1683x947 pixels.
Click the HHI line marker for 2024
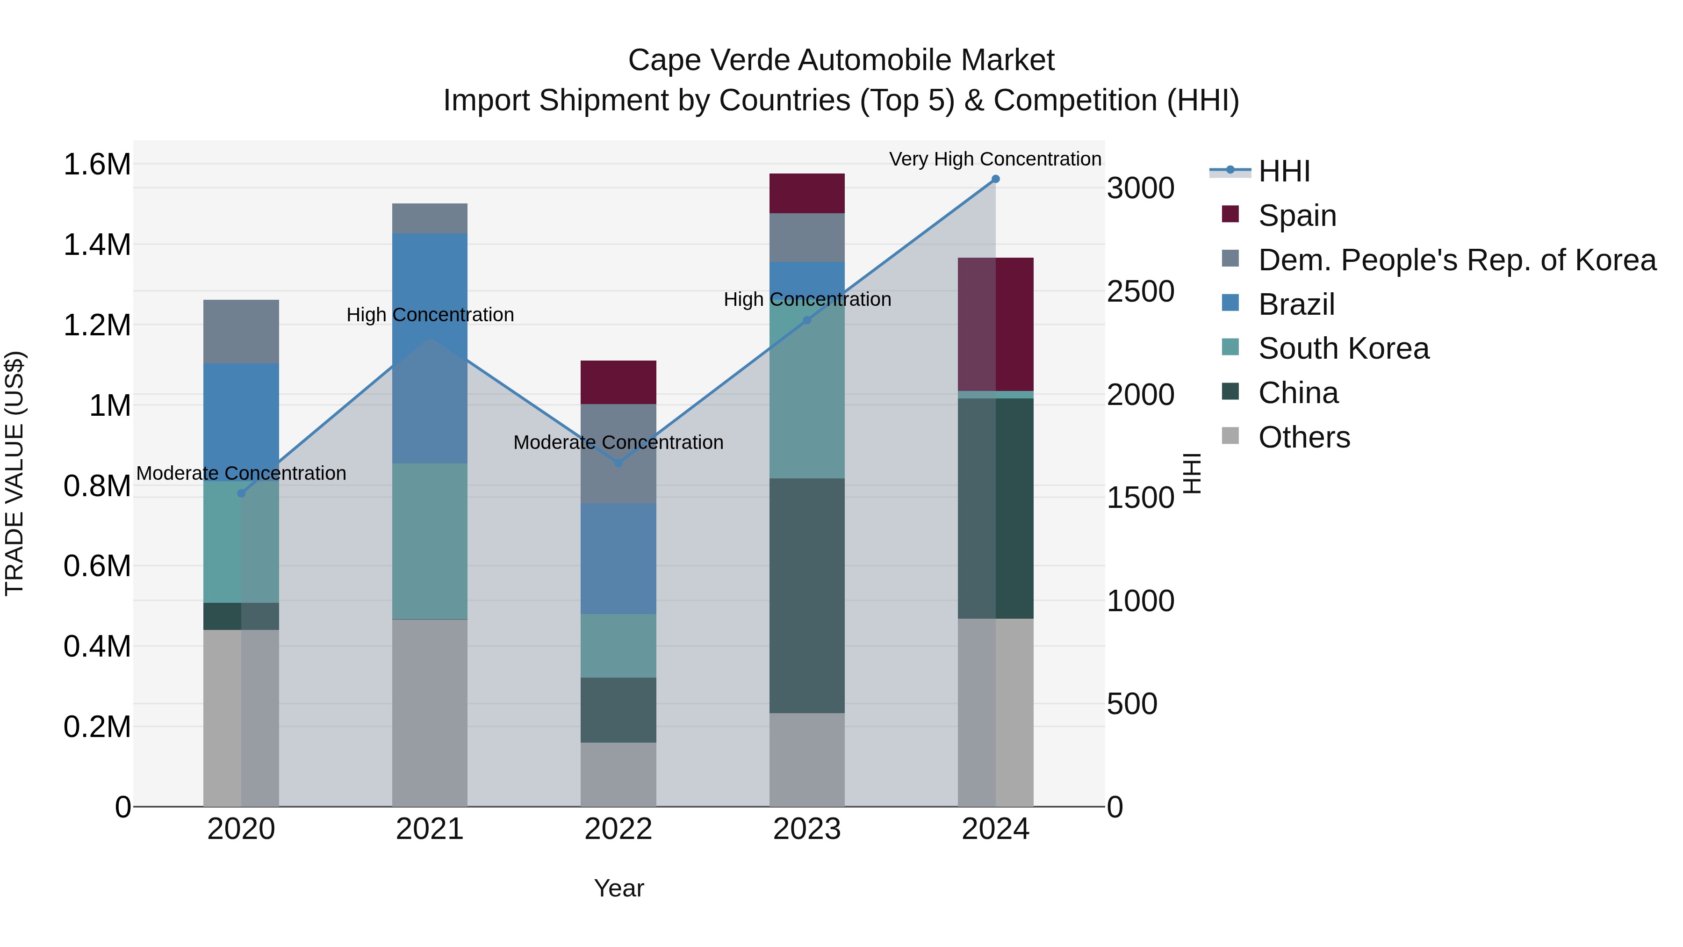point(995,179)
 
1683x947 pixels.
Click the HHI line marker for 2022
point(618,463)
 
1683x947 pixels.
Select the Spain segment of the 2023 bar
point(806,194)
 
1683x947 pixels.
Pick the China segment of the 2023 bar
point(806,595)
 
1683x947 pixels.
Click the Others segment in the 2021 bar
point(429,712)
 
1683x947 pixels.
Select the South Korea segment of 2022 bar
point(618,646)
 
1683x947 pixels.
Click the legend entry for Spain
point(1297,216)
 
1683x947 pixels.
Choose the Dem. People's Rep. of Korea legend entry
point(1456,260)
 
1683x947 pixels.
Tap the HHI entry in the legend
point(1284,171)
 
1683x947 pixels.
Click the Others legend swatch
point(1230,436)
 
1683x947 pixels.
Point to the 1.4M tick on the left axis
point(97,245)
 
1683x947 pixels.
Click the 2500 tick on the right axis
point(1140,291)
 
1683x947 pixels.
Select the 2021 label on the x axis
point(429,829)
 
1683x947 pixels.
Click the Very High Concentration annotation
point(994,159)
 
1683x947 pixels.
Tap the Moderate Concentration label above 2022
point(618,442)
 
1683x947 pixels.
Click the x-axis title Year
point(618,888)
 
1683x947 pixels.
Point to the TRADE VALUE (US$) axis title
point(14,473)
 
